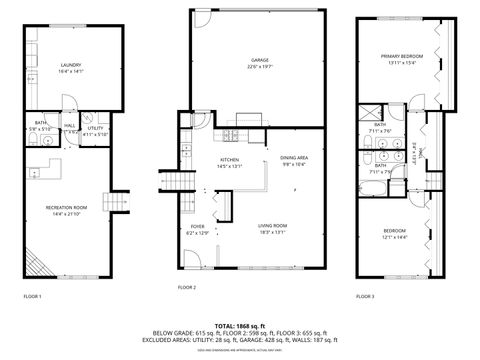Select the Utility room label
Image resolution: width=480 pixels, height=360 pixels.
tap(95, 127)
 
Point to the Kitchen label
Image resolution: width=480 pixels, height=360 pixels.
tap(230, 159)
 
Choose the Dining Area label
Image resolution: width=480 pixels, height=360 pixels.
tap(293, 159)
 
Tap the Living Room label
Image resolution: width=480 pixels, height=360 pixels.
tap(267, 226)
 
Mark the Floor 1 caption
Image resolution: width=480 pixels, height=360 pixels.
tap(33, 297)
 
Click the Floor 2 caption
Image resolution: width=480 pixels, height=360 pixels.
tap(187, 287)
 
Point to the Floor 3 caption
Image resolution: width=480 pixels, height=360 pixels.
tap(366, 297)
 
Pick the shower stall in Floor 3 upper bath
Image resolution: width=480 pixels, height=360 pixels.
tap(368, 111)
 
